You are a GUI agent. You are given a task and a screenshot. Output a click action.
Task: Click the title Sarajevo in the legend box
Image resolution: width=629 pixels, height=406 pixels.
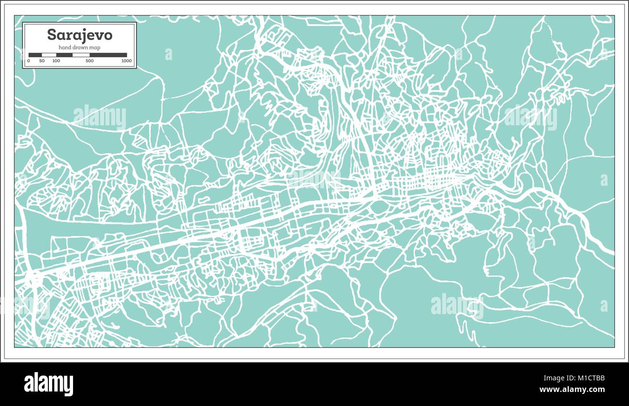pos(79,35)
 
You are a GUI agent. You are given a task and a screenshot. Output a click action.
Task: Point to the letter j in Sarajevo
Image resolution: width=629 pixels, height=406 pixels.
pos(85,36)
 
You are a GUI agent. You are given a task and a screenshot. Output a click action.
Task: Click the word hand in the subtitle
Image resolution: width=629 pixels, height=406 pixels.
pos(64,47)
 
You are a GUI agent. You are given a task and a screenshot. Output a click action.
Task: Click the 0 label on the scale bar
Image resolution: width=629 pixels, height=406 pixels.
pos(29,61)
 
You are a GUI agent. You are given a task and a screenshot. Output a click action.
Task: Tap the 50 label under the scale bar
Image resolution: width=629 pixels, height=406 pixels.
pos(42,61)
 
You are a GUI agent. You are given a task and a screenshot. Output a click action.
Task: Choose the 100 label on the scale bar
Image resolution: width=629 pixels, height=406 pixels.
pos(56,61)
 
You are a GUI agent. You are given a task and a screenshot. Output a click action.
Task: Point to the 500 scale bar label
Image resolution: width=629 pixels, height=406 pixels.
pos(90,61)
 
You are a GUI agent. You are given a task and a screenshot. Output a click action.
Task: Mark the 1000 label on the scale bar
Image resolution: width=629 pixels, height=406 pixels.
pos(126,61)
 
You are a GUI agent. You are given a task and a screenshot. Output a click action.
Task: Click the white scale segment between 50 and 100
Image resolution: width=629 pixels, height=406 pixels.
pos(49,55)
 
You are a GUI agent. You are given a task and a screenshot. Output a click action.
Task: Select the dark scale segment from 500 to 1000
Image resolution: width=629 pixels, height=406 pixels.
pos(108,55)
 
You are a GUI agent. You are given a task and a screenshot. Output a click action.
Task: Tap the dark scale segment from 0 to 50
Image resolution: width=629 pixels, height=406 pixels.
pos(35,55)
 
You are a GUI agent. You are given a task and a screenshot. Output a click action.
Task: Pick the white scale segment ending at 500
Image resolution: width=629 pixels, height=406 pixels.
pos(81,55)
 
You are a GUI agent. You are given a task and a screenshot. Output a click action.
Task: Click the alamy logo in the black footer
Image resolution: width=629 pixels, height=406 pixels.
pos(48,384)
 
